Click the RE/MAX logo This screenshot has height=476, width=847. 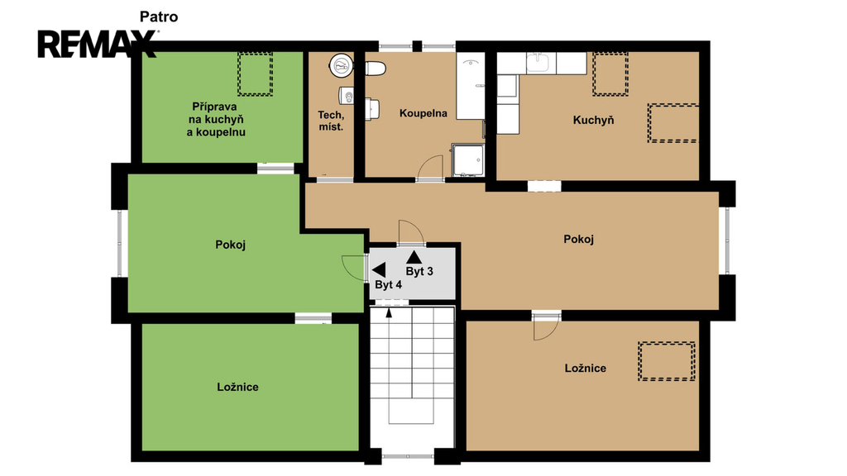click(97, 44)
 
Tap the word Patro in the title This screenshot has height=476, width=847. click(159, 17)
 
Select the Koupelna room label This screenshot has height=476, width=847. click(423, 113)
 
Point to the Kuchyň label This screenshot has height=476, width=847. click(594, 120)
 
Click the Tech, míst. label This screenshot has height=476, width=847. click(331, 121)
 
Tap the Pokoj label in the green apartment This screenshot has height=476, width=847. click(231, 245)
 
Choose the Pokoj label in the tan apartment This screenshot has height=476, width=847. click(578, 239)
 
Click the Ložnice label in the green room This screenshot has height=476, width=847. click(237, 387)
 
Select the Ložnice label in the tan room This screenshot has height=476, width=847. click(586, 368)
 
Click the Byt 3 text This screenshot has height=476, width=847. click(419, 271)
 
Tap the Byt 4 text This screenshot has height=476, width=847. click(389, 285)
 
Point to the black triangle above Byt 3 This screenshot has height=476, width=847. click(414, 257)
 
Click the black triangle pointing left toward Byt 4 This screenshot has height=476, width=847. click(379, 270)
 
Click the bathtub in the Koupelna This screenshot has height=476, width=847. click(471, 86)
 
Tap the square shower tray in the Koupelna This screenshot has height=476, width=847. click(468, 159)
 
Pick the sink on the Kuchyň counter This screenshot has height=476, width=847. click(538, 63)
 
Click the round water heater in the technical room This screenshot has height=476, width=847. click(341, 66)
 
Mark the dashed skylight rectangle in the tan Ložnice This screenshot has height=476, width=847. click(667, 361)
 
